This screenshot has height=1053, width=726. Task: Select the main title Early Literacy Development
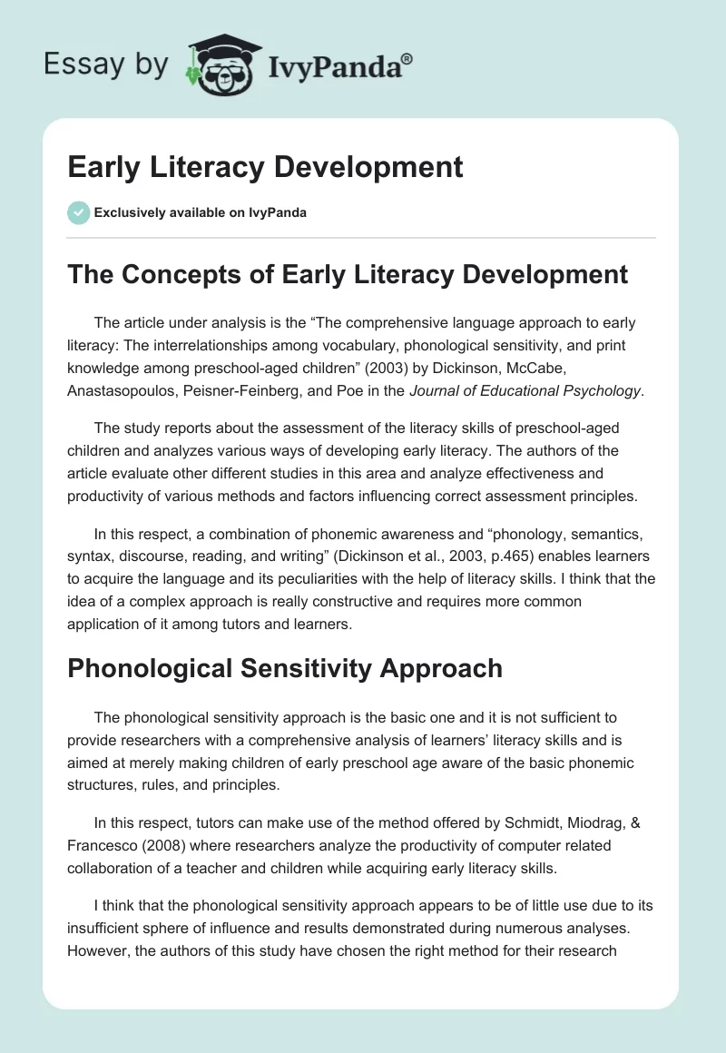[265, 167]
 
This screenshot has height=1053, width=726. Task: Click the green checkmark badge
[78, 213]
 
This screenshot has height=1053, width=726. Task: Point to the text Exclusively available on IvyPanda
[201, 213]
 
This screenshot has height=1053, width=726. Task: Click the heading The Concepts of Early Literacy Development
[348, 274]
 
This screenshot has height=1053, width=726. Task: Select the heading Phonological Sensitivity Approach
[284, 668]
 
